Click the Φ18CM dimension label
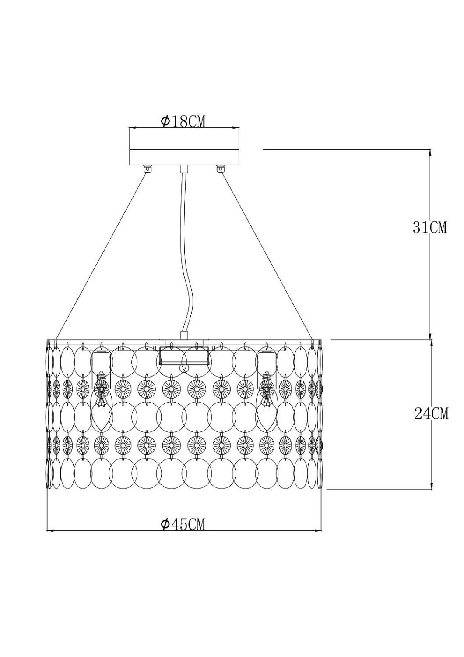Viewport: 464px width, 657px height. [x=183, y=121]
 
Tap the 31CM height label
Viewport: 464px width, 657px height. [x=429, y=227]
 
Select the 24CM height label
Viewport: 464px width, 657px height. [x=431, y=413]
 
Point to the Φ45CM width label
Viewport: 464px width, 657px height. [x=183, y=524]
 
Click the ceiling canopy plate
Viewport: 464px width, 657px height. [x=184, y=157]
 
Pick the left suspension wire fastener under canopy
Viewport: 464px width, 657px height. [x=148, y=168]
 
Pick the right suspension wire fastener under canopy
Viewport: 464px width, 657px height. [x=220, y=168]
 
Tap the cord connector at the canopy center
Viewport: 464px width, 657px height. [x=184, y=169]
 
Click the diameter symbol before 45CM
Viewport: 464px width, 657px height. [x=165, y=524]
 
